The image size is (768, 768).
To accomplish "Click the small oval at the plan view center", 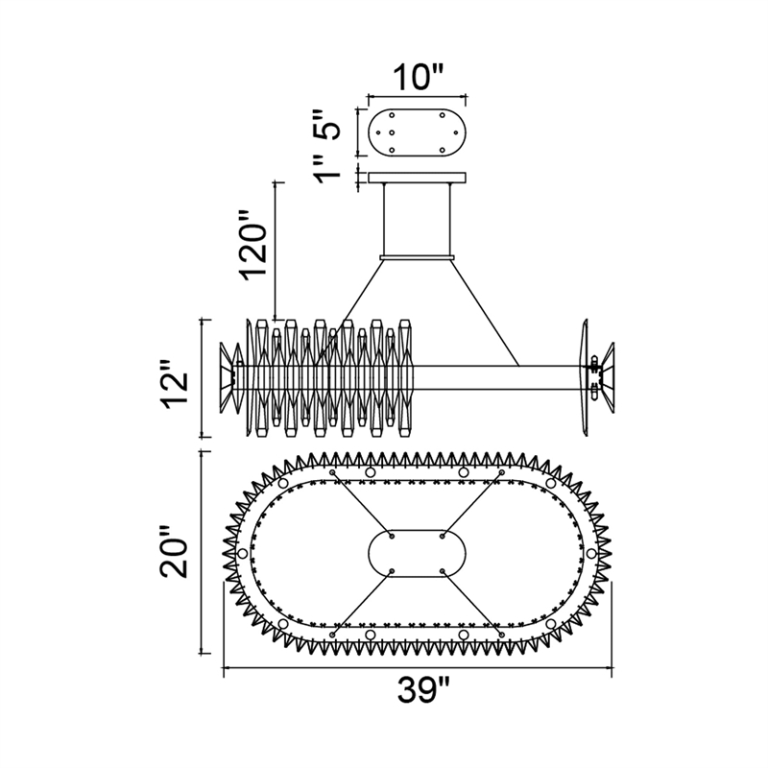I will click(x=417, y=554).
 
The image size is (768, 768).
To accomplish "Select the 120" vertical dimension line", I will click(x=276, y=250).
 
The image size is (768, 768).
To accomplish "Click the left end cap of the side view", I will click(x=229, y=377).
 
